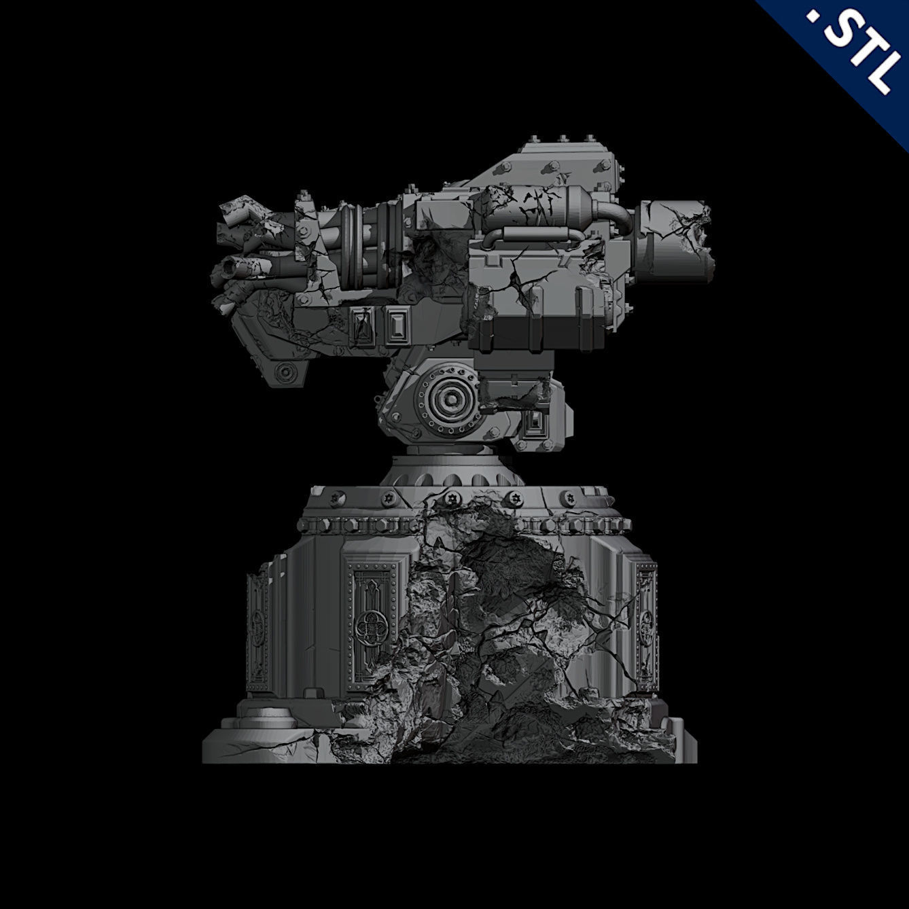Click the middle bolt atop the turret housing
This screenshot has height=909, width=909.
(563, 139)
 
